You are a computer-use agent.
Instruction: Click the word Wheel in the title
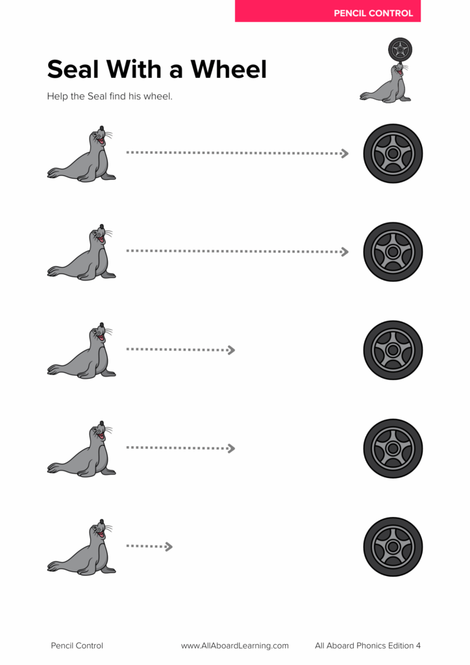click(229, 69)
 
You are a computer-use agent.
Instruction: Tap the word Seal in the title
click(73, 69)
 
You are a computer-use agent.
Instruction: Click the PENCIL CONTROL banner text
click(373, 13)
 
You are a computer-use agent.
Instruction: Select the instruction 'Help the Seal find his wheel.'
click(110, 96)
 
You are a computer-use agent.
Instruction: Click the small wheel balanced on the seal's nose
click(400, 49)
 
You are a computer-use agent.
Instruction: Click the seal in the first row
click(81, 154)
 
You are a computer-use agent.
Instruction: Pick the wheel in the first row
click(393, 153)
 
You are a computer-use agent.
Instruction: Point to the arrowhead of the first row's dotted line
click(345, 153)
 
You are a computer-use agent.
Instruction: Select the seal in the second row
click(81, 253)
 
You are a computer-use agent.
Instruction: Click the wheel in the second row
click(393, 252)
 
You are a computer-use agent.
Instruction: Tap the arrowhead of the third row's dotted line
click(231, 350)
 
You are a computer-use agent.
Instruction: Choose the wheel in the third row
click(393, 350)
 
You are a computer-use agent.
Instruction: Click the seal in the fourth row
click(81, 449)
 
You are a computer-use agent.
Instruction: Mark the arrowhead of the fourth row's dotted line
click(231, 448)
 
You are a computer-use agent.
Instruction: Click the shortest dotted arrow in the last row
click(149, 546)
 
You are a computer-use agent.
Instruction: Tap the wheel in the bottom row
click(393, 547)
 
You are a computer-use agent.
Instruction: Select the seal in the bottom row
click(81, 547)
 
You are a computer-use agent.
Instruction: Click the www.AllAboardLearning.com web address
click(235, 646)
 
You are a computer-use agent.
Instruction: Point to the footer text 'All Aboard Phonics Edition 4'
click(368, 646)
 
